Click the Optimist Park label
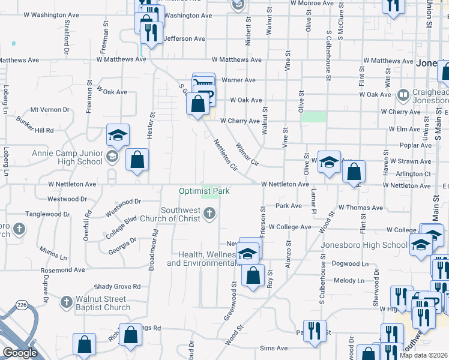tap(204, 191)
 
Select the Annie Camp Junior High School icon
tap(111, 157)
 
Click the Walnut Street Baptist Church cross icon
tap(66, 300)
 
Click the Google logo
tap(20, 353)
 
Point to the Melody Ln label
tap(348, 281)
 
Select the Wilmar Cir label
tap(246, 154)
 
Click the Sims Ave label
tap(274, 348)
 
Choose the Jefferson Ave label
tap(184, 38)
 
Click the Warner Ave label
tap(238, 80)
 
